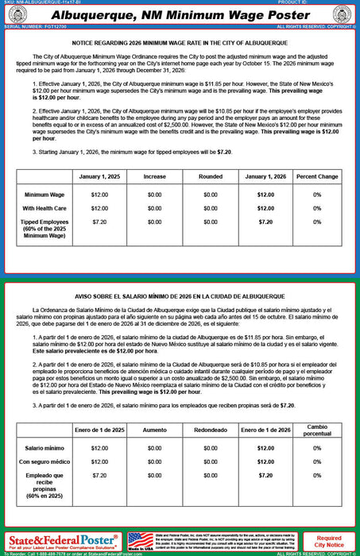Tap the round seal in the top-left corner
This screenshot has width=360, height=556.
14,15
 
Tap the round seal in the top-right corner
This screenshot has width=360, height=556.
344,15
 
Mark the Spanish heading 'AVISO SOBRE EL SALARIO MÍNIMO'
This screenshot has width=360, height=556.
179,296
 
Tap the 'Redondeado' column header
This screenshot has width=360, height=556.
210,430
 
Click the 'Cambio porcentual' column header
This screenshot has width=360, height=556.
316,430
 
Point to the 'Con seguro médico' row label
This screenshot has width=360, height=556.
45,461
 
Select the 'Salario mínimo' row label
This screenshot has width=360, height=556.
45,448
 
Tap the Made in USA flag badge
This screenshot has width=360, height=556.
141,541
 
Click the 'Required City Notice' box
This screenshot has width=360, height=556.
329,542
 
